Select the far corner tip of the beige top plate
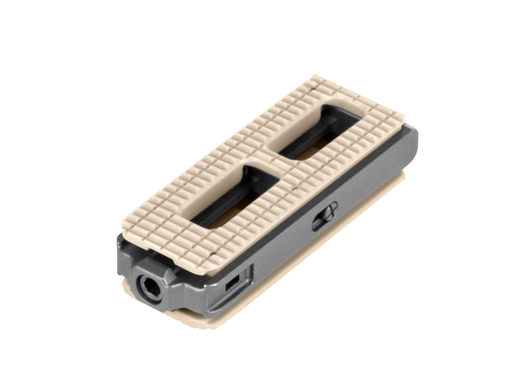point(314,76)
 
